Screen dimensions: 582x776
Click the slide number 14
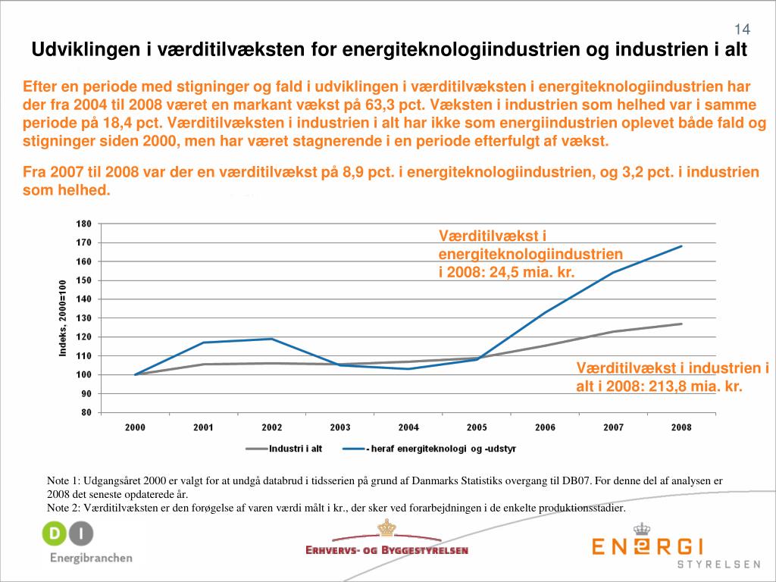pos(742,29)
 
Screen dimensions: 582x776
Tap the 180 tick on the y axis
pos(83,224)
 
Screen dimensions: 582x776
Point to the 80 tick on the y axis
pos(86,413)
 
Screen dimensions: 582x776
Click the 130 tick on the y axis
pos(83,318)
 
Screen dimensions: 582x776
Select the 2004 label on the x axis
pos(408,427)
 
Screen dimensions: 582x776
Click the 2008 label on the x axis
pos(681,427)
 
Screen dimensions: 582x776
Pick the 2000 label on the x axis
pos(135,427)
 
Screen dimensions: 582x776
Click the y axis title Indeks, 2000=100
pos(64,318)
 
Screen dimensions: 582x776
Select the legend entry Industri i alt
pos(296,449)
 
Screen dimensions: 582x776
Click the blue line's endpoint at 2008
pos(681,246)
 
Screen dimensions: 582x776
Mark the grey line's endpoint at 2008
pos(681,324)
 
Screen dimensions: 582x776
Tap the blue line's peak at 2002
pos(271,339)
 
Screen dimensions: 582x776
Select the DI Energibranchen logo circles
pos(67,535)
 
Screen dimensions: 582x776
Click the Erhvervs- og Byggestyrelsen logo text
pos(386,550)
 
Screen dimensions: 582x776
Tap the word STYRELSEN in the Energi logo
pos(718,565)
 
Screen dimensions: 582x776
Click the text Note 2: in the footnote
pos(64,508)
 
